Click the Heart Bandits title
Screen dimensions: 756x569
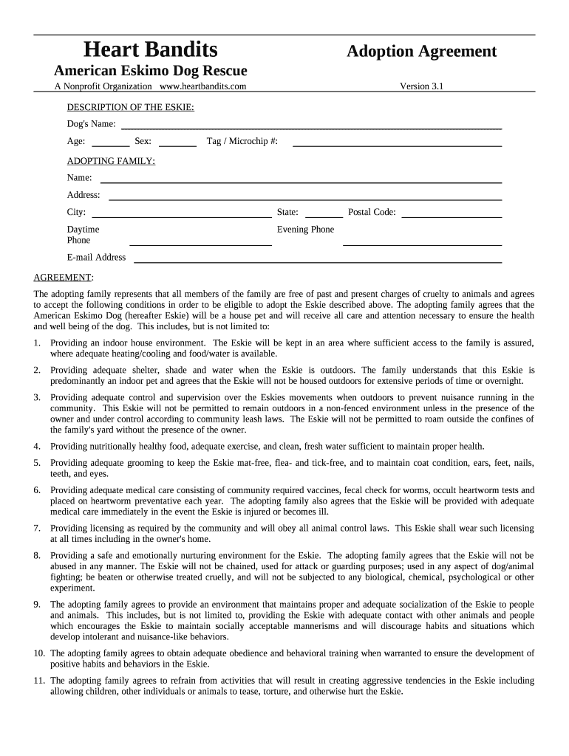tap(150, 49)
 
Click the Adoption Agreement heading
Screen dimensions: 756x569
tap(422, 51)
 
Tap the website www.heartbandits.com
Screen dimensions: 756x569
tap(202, 86)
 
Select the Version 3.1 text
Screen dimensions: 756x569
tap(421, 86)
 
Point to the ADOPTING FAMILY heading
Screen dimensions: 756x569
tap(111, 161)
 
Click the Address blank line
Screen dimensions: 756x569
tap(304, 197)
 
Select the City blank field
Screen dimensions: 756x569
tap(181, 215)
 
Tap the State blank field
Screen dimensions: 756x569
tap(324, 215)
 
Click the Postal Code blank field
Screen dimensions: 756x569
tap(451, 215)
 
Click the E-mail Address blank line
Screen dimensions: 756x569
tap(317, 260)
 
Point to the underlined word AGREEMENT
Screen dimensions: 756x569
tap(64, 277)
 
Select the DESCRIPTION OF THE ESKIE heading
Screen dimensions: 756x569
tap(131, 107)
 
